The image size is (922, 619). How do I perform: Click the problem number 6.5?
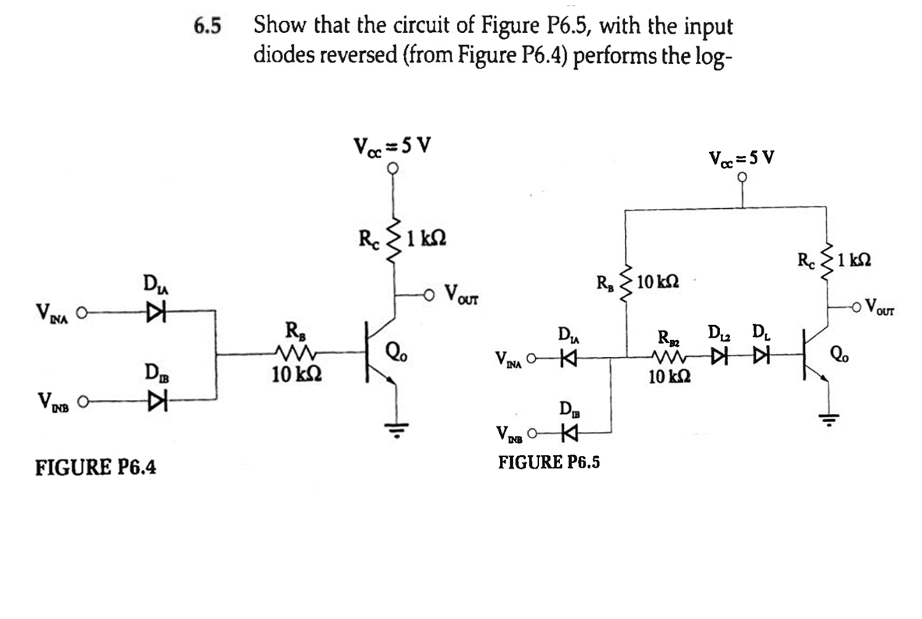tap(207, 27)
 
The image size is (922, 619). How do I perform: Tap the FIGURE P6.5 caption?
tap(549, 462)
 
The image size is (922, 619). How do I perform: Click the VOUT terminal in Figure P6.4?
tap(431, 295)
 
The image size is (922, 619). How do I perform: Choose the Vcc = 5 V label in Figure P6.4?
tap(392, 145)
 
